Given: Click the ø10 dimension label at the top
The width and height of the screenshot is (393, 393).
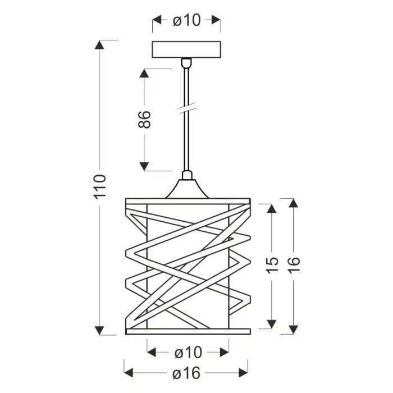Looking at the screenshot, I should tap(186, 21).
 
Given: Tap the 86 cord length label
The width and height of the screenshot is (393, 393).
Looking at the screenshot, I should tap(144, 120).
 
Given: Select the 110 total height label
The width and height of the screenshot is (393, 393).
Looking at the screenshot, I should tap(99, 186).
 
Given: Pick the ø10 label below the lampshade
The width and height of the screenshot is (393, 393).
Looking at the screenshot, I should tap(188, 353).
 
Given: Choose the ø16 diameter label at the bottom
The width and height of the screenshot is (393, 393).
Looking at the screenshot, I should tap(186, 372).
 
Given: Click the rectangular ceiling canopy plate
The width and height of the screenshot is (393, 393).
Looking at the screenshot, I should tap(186, 49).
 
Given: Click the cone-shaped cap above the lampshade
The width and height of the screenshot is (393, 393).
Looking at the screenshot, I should tap(187, 188).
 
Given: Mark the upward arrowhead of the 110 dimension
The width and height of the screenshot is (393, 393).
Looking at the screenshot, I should tap(100, 45).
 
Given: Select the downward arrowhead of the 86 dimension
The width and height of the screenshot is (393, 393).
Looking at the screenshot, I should tap(144, 166).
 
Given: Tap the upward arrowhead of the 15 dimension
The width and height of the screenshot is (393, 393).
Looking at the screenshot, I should tap(271, 209).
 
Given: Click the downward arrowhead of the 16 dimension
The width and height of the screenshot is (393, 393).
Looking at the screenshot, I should tap(293, 329).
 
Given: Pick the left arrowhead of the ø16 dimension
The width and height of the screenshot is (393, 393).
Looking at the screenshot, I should tap(128, 372).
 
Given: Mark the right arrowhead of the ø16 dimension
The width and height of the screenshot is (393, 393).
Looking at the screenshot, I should tap(244, 372).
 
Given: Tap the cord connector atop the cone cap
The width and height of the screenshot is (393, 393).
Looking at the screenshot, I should tap(187, 175).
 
